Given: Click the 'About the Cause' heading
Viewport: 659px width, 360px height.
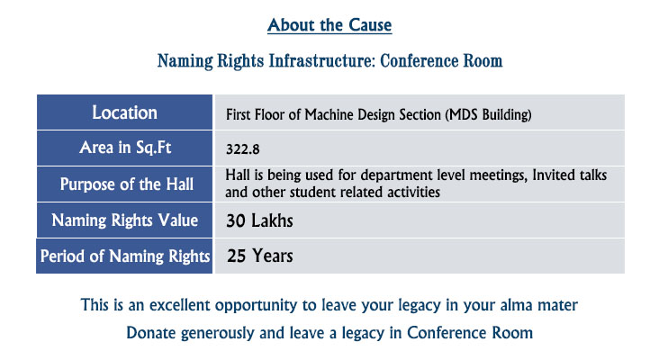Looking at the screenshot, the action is [x=329, y=25].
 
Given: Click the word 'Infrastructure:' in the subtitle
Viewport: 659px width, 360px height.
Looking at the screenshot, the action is [x=322, y=61].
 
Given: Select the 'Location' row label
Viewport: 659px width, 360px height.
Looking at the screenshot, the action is [x=125, y=112].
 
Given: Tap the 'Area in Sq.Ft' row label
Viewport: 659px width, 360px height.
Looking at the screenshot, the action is [x=125, y=148].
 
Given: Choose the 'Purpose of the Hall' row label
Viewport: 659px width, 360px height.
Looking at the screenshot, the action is [x=127, y=184].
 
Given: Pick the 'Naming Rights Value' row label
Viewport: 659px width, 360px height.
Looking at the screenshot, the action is [x=125, y=220].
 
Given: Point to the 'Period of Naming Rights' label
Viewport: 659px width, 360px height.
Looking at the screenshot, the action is [x=125, y=256].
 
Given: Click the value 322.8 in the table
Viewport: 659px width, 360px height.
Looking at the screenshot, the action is [x=242, y=149].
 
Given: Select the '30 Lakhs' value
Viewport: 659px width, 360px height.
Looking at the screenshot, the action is [x=259, y=220].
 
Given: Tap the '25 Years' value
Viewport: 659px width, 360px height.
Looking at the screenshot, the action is [x=260, y=256].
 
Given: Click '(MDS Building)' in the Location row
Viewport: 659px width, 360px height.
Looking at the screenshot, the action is [x=488, y=114].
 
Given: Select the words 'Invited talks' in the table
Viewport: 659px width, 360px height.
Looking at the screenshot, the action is [x=570, y=175].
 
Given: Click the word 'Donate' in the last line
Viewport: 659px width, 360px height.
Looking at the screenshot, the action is [x=151, y=333].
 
